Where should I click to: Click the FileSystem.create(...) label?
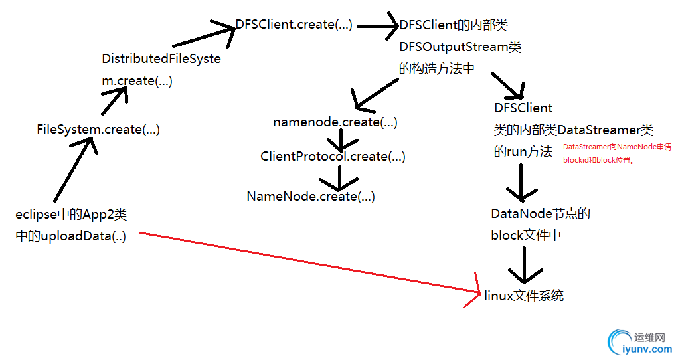point(98,130)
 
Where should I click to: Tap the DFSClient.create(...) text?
point(294,25)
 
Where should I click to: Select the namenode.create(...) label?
point(335,122)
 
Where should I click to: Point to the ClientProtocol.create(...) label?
point(333,157)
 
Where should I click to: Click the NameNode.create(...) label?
point(310,197)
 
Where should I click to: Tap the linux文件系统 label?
point(524,296)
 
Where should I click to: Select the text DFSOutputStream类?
point(460,47)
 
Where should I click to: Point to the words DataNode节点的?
point(541,214)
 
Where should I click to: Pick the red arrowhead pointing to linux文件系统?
point(472,291)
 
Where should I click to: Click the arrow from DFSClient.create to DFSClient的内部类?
point(377,27)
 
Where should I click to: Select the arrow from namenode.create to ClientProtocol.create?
point(340,139)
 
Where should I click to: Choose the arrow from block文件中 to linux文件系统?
point(524,266)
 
